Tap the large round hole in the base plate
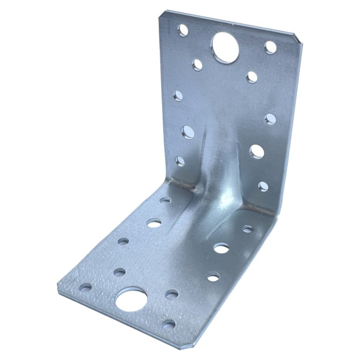tap(131, 300)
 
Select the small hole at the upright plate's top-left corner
tap(183, 30)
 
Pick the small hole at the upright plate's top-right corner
tap(271, 47)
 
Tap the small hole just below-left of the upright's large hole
tap(197, 65)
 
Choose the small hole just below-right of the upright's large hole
tap(252, 77)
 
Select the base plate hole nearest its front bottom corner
tap(169, 324)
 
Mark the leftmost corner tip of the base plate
tap(58, 285)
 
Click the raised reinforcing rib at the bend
tap(218, 174)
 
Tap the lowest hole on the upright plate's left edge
tap(180, 161)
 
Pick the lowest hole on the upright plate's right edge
tap(263, 187)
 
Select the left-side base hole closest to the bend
tap(165, 200)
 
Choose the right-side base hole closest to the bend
tap(248, 228)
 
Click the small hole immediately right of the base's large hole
tap(172, 294)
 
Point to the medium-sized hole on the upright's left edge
tap(188, 132)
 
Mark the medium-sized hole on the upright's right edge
tap(257, 151)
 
